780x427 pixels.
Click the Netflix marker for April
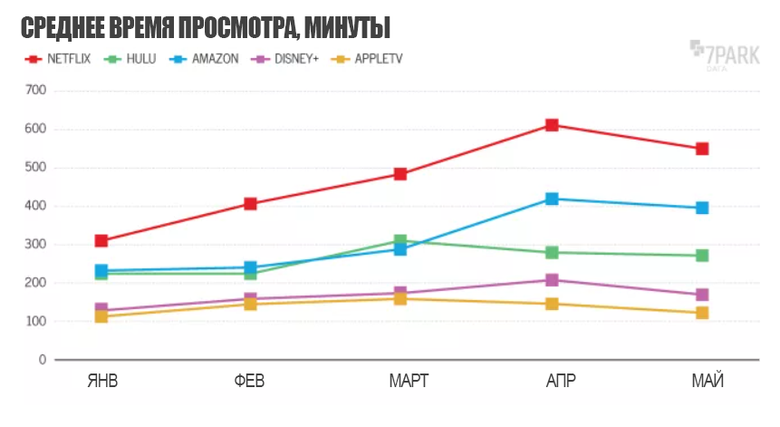[552, 125]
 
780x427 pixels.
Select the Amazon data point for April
[552, 199]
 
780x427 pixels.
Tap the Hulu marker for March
[400, 241]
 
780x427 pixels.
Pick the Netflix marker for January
[101, 240]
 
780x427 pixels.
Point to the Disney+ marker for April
[552, 280]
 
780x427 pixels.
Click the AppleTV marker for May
[701, 313]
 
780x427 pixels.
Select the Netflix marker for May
[701, 149]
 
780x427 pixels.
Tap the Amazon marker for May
[701, 208]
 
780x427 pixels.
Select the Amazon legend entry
[204, 59]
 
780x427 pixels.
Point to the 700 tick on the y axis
[36, 91]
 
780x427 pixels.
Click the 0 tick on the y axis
[41, 360]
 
